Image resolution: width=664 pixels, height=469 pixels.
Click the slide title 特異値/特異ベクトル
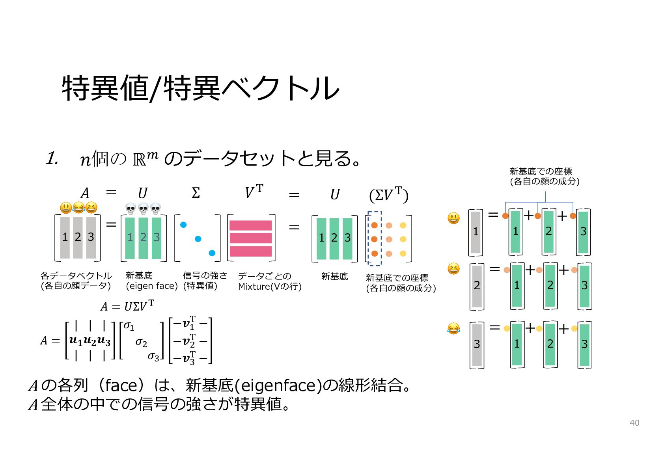[200, 88]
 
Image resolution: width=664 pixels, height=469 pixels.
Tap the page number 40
[634, 423]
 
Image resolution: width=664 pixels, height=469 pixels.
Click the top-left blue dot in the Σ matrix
[183, 225]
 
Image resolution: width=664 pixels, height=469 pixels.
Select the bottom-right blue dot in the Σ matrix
[212, 253]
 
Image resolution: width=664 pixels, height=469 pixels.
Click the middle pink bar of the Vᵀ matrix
[251, 238]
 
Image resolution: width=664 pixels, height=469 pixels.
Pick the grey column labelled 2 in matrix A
[78, 238]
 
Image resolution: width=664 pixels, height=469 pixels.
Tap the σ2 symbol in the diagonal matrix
[141, 343]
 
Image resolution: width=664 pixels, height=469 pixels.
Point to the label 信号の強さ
[205, 275]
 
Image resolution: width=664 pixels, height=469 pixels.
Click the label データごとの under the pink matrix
[265, 276]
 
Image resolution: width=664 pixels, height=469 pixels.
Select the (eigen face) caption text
[152, 286]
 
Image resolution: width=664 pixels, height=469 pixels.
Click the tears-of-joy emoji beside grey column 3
[453, 329]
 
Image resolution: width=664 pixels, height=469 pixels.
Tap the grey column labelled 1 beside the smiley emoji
[476, 232]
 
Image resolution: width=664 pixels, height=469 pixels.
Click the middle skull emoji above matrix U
[143, 209]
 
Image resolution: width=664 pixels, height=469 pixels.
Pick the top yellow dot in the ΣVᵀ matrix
[403, 225]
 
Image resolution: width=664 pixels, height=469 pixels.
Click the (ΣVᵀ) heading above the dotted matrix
[389, 195]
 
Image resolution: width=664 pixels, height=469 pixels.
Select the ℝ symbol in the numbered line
[139, 160]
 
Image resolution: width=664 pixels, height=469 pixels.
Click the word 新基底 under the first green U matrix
[139, 275]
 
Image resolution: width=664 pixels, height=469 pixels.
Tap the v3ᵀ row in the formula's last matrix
[190, 358]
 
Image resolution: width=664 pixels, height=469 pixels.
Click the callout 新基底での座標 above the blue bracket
[541, 171]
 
